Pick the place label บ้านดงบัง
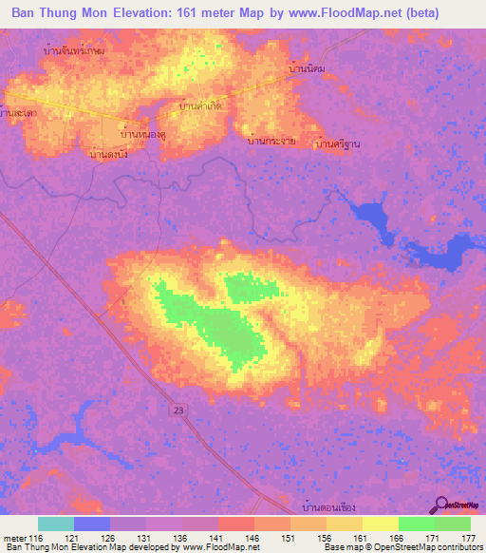pyautogui.click(x=107, y=153)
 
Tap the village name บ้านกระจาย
pyautogui.click(x=271, y=141)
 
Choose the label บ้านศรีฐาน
pyautogui.click(x=339, y=143)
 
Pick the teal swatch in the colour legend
pyautogui.click(x=56, y=524)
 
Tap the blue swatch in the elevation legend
pyautogui.click(x=92, y=524)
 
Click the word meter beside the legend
pyautogui.click(x=13, y=538)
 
